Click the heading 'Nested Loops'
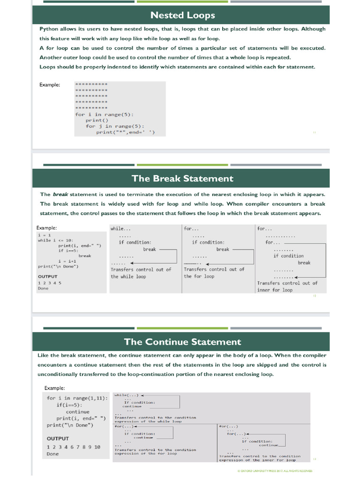click(x=180, y=15)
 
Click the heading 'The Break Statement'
click(x=182, y=178)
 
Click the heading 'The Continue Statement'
click(x=182, y=342)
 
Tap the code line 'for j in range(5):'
click(x=115, y=126)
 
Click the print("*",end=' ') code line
click(x=125, y=132)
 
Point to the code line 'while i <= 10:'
click(x=55, y=240)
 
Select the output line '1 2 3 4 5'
click(x=50, y=283)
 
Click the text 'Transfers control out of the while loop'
click(x=141, y=273)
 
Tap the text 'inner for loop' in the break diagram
click(x=274, y=290)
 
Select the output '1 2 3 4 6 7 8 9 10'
click(x=74, y=447)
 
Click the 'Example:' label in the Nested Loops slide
click(x=50, y=84)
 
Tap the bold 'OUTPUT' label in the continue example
click(x=58, y=438)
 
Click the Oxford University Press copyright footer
click(x=275, y=470)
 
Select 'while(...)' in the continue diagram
click(x=127, y=395)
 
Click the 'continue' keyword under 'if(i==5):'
click(x=77, y=412)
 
